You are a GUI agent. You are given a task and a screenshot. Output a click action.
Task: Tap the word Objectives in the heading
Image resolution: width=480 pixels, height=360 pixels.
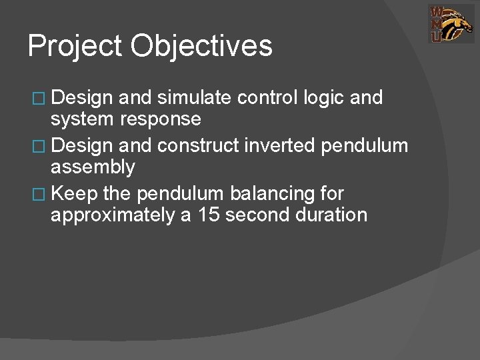pos(201,47)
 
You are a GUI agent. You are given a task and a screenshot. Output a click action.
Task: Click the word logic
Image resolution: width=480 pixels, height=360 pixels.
pos(324,98)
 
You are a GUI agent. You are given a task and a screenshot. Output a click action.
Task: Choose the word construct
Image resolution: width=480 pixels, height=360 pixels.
pos(190,146)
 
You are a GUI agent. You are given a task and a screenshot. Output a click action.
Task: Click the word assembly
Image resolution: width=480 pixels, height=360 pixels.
pos(93,167)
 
